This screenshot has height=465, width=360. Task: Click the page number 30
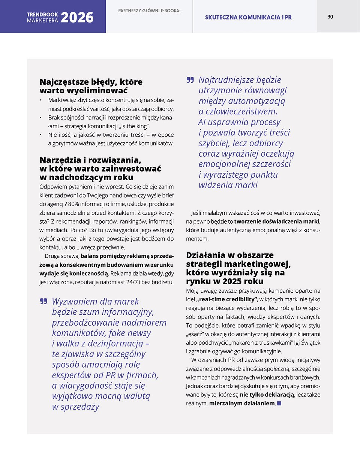330,16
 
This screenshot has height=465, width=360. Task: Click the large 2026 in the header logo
77,18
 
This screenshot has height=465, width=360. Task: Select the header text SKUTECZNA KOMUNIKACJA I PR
248,17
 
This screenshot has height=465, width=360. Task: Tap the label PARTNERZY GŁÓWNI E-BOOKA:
149,11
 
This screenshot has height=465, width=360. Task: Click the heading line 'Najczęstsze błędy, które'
91,82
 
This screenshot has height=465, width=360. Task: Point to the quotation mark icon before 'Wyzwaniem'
43,301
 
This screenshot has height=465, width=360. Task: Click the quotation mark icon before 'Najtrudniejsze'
190,80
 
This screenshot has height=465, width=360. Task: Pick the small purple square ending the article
279,404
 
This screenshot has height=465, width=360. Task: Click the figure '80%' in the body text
73,204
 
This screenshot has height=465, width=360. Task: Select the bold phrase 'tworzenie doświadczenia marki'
277,221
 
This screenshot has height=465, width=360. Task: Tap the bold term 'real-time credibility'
226,299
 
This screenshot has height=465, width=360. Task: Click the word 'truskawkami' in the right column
277,343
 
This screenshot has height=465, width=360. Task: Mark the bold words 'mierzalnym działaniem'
242,404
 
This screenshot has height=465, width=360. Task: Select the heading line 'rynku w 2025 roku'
225,281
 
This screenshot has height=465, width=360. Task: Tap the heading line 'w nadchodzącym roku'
86,177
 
